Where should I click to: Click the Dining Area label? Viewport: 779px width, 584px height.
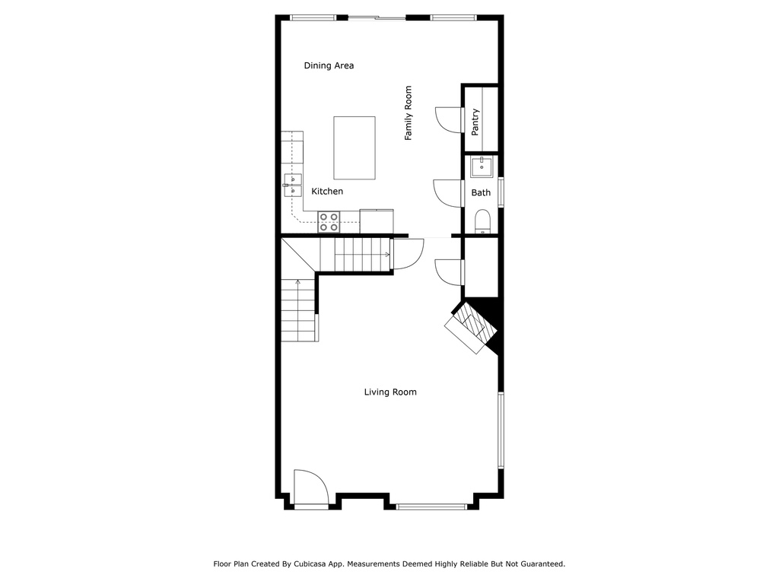(x=329, y=65)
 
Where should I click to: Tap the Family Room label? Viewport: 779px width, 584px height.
(x=409, y=113)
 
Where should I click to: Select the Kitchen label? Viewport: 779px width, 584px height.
(x=327, y=191)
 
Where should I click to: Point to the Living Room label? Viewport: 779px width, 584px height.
(x=390, y=392)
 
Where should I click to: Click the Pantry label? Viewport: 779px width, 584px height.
(x=475, y=122)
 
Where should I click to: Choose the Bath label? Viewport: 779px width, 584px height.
(x=481, y=192)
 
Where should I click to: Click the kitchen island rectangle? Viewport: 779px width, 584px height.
(x=355, y=148)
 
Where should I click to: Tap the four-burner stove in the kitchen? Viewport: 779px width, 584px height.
(x=329, y=222)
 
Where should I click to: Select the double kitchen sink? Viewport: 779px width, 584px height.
(x=293, y=186)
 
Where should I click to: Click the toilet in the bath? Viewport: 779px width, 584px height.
(x=482, y=221)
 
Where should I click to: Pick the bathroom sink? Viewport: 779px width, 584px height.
(x=482, y=167)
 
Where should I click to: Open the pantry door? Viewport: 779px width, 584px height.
(x=449, y=119)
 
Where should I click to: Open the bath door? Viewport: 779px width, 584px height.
(x=448, y=193)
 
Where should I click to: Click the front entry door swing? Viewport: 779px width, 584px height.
(x=311, y=489)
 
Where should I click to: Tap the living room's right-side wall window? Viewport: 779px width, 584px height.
(x=501, y=430)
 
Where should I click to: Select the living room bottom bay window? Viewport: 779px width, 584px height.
(x=431, y=506)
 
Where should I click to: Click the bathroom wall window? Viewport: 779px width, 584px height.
(x=501, y=192)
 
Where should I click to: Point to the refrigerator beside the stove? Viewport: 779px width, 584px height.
(x=377, y=221)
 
